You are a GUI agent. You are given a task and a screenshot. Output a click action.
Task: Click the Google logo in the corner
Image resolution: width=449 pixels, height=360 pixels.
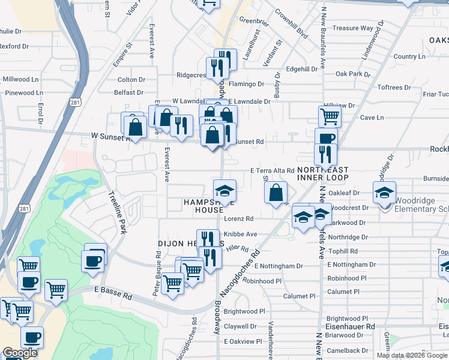coord(20,353)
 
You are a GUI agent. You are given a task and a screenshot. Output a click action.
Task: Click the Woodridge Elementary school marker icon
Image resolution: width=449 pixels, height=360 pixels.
coord(385,193)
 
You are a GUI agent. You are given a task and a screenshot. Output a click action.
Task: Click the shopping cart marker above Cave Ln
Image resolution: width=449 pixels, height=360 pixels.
coord(330,116)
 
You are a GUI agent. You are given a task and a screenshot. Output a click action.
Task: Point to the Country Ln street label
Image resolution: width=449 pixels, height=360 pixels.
coord(409,56)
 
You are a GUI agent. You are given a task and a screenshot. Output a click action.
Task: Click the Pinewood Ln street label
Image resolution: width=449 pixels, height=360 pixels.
coord(24,93)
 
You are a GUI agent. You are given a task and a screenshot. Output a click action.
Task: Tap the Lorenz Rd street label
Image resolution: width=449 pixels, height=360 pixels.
coord(240,218)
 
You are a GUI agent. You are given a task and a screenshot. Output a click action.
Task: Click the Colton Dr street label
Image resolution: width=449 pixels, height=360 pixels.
coord(131,79)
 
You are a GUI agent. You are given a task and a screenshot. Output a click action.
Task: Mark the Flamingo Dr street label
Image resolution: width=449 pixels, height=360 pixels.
coord(246,84)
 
